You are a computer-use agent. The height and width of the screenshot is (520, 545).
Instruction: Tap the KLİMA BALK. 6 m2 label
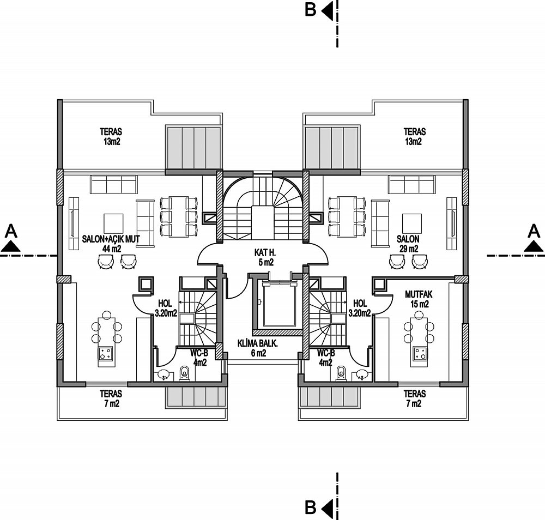pos(257,348)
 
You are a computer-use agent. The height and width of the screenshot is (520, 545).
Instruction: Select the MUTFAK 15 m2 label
pos(419,299)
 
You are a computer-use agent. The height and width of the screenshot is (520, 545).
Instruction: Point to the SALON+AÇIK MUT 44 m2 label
pos(111,244)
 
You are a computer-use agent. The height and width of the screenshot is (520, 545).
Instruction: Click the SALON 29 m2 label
pos(408,244)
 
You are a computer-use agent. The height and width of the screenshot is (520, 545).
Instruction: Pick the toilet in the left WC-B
pos(184,373)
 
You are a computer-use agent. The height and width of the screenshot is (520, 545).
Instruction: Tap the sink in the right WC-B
pos(362,374)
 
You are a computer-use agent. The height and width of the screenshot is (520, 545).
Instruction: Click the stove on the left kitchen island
pos(106,354)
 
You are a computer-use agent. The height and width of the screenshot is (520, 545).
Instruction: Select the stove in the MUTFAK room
pos(421,354)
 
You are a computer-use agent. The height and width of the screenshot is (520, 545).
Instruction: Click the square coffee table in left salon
pos(113,223)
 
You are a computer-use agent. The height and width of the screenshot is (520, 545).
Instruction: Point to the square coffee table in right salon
pos(412,223)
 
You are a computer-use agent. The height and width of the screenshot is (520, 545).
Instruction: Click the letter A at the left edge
pos(11,231)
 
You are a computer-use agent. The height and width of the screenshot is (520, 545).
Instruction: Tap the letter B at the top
pos(311,10)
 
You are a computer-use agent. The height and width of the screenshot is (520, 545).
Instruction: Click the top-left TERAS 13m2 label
pos(111,137)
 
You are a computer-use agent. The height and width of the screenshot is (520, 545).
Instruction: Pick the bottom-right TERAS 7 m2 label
pos(414,398)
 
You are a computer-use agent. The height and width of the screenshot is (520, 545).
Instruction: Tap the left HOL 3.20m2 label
pos(166,309)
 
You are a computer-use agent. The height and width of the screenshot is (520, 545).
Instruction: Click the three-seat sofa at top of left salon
pos(114,184)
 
